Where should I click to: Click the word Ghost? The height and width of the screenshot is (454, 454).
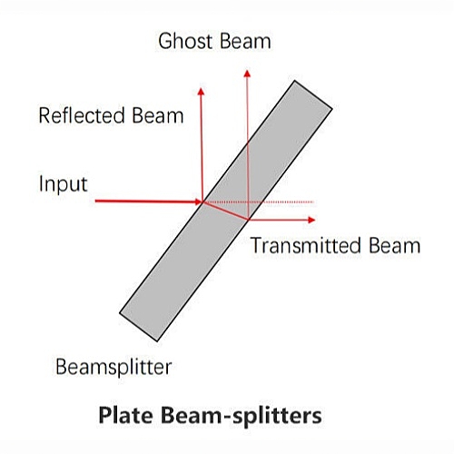tap(185, 41)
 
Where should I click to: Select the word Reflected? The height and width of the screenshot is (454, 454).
tap(82, 115)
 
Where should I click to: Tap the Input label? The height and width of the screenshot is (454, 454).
tap(64, 184)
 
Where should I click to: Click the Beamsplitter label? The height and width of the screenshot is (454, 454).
tap(113, 368)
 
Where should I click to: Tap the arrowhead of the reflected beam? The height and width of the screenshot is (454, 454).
tap(201, 91)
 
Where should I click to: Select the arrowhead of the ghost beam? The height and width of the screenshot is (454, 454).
tap(247, 74)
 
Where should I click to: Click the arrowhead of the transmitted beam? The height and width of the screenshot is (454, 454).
tap(311, 220)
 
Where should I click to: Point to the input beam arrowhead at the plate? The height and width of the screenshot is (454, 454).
tap(199, 202)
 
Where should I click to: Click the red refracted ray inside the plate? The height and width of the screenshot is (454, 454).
tap(225, 211)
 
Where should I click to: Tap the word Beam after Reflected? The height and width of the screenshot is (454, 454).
tap(158, 115)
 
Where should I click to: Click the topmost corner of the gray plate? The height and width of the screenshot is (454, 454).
tap(294, 81)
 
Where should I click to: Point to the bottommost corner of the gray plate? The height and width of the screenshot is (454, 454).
tap(157, 341)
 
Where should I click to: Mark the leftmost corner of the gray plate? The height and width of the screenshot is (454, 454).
tap(120, 313)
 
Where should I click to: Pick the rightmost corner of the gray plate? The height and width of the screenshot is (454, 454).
tap(332, 109)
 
